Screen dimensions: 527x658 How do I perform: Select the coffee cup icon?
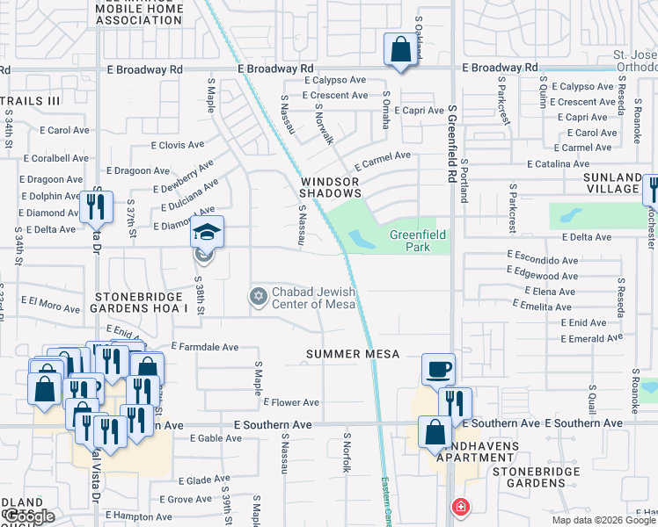[x=438, y=369]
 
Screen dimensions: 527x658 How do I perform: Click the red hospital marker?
[x=459, y=507]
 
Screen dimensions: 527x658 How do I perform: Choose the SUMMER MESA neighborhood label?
[x=353, y=354]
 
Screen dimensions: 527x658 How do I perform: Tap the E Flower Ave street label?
[x=291, y=402]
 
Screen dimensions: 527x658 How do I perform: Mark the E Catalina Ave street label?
[x=558, y=163]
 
